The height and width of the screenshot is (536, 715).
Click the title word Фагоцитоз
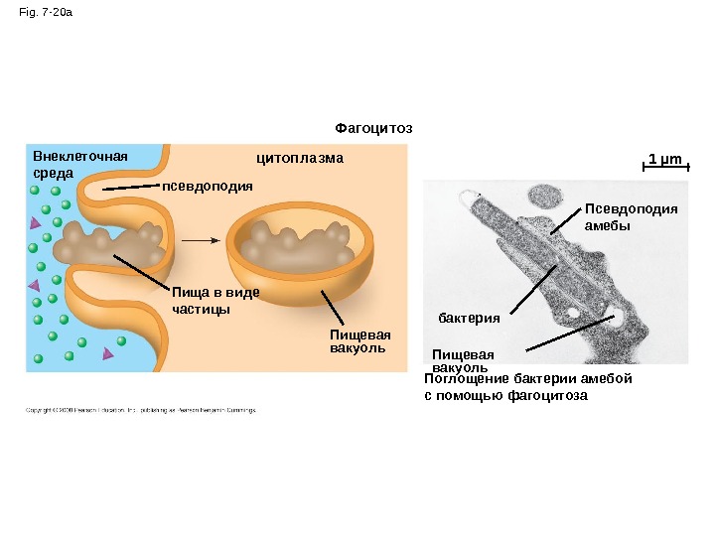click(373, 128)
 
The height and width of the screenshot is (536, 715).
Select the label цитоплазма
click(300, 158)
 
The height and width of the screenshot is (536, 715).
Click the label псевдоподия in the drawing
click(208, 185)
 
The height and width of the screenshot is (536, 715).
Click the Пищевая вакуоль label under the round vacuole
click(356, 341)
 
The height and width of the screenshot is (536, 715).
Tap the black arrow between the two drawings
click(204, 240)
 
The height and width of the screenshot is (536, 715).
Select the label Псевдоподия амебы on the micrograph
click(631, 216)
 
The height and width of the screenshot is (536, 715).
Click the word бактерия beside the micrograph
click(469, 318)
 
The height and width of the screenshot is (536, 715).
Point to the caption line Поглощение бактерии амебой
click(527, 379)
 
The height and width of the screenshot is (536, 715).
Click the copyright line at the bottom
click(140, 409)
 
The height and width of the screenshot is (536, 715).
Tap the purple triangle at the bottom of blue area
click(107, 353)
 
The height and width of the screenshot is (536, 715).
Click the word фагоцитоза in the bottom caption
click(548, 395)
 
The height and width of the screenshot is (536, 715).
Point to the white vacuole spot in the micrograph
click(618, 321)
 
